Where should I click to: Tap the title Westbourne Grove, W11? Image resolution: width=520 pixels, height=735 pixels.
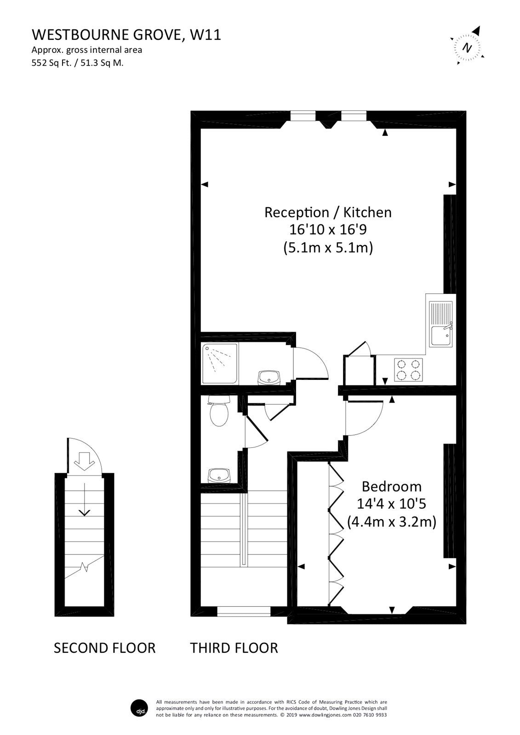(x=126, y=35)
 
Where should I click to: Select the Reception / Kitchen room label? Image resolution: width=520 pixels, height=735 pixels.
(x=328, y=212)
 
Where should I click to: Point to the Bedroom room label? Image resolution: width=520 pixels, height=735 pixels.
(x=391, y=486)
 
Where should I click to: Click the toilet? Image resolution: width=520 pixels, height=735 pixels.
(x=219, y=412)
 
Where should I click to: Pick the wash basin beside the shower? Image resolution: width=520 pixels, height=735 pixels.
(x=269, y=377)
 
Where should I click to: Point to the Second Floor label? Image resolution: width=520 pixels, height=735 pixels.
(x=105, y=648)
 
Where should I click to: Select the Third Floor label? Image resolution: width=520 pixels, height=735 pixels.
(x=234, y=648)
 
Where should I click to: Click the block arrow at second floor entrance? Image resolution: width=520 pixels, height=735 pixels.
(x=84, y=461)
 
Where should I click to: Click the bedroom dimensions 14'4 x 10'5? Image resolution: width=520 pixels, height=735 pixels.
(x=391, y=504)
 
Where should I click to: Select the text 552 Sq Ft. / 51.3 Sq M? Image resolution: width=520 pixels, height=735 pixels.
(x=77, y=63)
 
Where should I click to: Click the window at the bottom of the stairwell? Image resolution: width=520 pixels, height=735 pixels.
(x=244, y=611)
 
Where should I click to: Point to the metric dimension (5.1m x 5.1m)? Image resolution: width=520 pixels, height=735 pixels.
(x=327, y=248)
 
